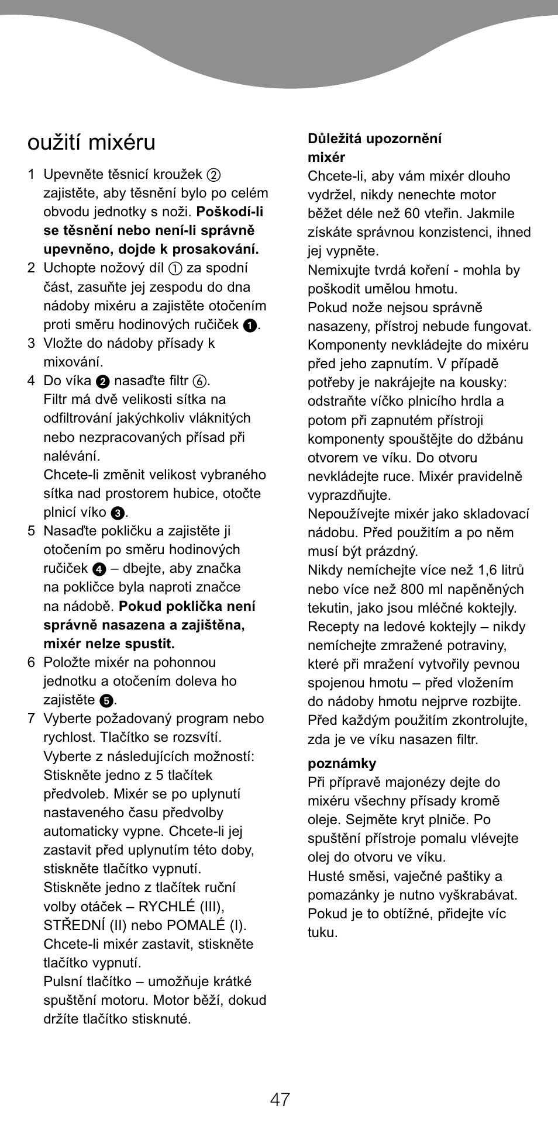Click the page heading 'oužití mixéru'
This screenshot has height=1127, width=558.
[91, 143]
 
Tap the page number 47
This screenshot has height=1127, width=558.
[280, 1099]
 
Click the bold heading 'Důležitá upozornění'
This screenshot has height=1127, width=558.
[374, 139]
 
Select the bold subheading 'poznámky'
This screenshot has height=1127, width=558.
[342, 763]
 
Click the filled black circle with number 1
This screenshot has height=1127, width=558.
[250, 326]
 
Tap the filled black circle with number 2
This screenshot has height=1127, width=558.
[103, 382]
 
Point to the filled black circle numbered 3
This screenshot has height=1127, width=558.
[118, 513]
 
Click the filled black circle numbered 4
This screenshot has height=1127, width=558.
[99, 569]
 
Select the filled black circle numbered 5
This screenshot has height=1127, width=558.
[106, 700]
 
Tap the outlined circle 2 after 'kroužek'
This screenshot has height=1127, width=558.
[213, 175]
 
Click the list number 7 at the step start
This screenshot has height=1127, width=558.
[32, 718]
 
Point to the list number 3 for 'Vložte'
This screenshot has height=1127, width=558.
[32, 343]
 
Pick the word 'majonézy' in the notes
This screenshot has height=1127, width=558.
[405, 782]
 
